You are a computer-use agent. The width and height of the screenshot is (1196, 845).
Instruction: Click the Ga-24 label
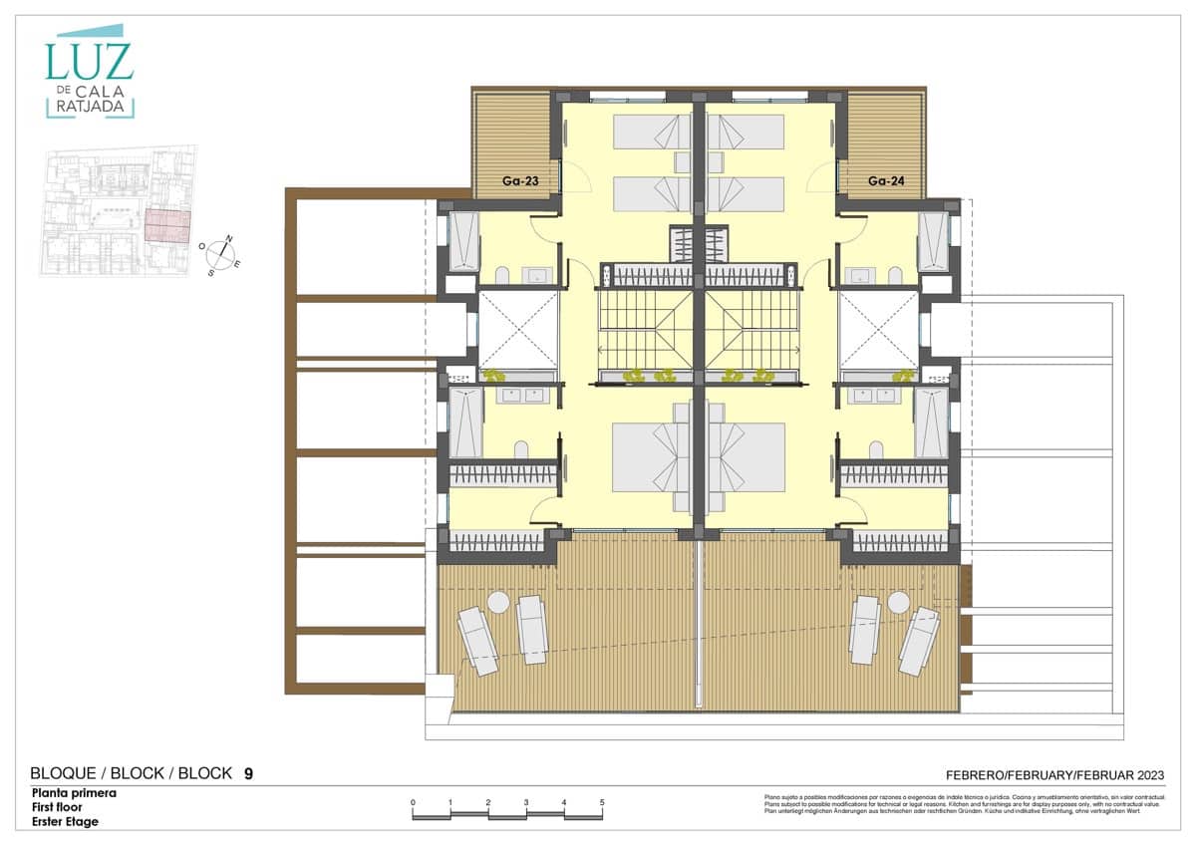click(x=884, y=181)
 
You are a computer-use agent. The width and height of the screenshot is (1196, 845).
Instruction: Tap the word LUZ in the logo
click(x=89, y=62)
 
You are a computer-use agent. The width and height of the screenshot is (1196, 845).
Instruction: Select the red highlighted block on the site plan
click(x=167, y=226)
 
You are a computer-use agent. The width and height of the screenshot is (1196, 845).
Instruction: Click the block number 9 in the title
click(x=248, y=773)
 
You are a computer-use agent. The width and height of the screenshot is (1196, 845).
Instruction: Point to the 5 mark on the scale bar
click(x=601, y=802)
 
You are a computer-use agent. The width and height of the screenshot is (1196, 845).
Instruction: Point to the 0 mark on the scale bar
click(x=413, y=802)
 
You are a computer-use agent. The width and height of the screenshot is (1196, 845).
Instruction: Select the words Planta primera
click(x=74, y=794)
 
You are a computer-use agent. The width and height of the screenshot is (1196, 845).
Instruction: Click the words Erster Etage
click(x=65, y=822)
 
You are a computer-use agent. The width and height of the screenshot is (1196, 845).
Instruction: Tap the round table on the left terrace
click(x=497, y=603)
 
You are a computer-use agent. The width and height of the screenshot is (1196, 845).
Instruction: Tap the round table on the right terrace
click(x=898, y=603)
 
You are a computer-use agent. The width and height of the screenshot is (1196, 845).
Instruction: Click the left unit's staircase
click(x=645, y=328)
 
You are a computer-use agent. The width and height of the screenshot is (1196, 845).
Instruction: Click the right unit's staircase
click(x=752, y=328)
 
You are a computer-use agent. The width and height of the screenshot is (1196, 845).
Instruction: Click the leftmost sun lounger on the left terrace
click(x=477, y=641)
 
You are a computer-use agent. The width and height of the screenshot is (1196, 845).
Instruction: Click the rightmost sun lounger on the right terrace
click(x=919, y=641)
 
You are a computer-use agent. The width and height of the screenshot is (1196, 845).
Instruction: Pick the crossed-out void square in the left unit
click(x=518, y=329)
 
